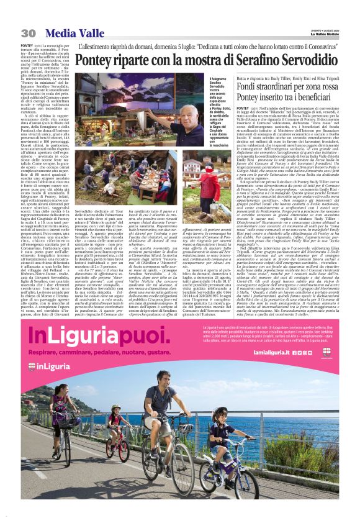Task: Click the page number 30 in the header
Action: click(28, 33)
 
